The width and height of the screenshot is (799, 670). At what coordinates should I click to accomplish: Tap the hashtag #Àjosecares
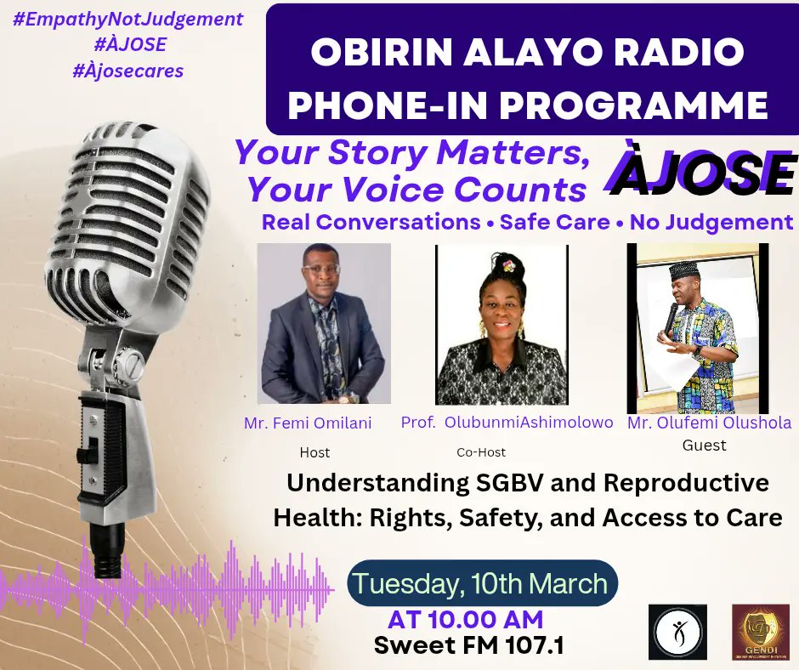point(128,71)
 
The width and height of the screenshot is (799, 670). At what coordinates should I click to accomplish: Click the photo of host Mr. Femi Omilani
point(324,324)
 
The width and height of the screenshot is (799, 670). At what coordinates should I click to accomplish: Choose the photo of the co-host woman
point(501,326)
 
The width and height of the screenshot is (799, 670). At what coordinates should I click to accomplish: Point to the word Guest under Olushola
point(705,445)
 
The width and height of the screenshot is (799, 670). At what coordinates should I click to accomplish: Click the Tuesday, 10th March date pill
point(481,584)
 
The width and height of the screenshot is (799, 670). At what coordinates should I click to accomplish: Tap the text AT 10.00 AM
point(465,618)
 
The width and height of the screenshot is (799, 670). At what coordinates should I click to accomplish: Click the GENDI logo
point(761,632)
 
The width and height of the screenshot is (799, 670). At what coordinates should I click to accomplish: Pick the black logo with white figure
point(677,632)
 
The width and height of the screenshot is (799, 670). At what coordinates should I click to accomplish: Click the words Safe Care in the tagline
point(555,223)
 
